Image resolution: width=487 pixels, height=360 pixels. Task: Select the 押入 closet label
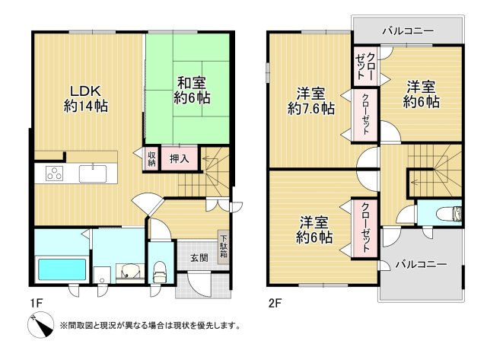[x=180, y=159]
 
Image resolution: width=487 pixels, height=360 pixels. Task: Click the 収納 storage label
[x=151, y=158]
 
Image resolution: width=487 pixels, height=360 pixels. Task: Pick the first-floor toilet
[x=159, y=270]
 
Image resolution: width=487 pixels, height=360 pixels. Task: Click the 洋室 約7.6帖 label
[x=310, y=101]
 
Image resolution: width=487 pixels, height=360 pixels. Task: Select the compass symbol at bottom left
[x=41, y=326]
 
